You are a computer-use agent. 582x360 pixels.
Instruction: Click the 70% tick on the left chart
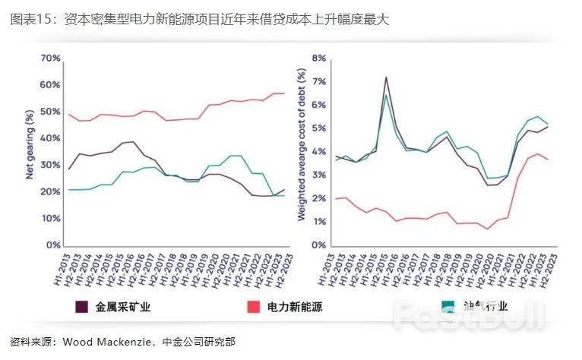tap(50, 58)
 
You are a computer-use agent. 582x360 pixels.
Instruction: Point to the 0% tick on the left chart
tap(52, 245)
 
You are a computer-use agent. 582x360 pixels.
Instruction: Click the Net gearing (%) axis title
tap(30, 144)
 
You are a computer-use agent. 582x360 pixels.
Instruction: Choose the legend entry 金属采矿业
tap(117, 307)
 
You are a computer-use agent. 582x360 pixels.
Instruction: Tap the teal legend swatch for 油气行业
tap(448, 307)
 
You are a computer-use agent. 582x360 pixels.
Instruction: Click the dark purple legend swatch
tap(80, 307)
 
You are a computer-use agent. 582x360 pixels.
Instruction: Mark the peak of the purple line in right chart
tap(386, 77)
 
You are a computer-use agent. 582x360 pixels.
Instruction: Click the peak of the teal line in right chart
tap(387, 95)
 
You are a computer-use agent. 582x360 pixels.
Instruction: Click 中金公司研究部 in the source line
tap(200, 341)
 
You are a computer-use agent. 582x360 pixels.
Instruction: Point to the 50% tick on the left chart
tap(50, 112)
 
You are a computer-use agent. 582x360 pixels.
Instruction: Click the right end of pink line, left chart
tap(284, 93)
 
